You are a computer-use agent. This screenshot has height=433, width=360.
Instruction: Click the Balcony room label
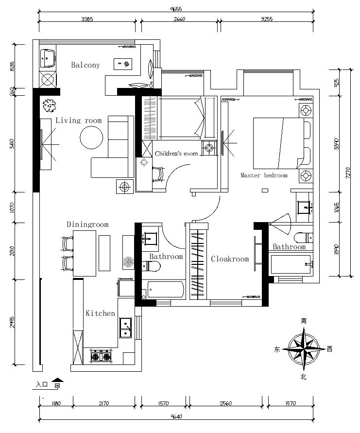click(x=86, y=65)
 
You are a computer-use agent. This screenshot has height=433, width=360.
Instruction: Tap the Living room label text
click(x=79, y=121)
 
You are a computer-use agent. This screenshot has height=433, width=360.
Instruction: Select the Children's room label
click(x=176, y=154)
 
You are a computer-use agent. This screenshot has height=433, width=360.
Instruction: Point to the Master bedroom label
click(x=264, y=175)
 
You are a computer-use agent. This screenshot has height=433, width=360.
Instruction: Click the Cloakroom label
click(x=230, y=259)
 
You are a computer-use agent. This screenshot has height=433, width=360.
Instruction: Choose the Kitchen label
click(x=101, y=313)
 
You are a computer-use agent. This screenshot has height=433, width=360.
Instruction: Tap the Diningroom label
click(x=87, y=225)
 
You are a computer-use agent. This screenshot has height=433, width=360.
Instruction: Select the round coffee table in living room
click(x=91, y=138)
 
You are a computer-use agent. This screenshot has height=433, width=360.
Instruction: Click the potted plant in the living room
click(x=49, y=105)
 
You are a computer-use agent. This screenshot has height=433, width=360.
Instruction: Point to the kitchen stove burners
click(x=101, y=357)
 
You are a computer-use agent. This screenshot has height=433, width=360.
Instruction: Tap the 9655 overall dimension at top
click(x=176, y=9)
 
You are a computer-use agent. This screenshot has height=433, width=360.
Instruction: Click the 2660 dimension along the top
click(x=179, y=19)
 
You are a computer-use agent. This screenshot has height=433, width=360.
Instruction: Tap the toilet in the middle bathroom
click(x=152, y=265)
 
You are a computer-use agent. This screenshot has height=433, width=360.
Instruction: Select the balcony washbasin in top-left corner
click(x=48, y=59)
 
